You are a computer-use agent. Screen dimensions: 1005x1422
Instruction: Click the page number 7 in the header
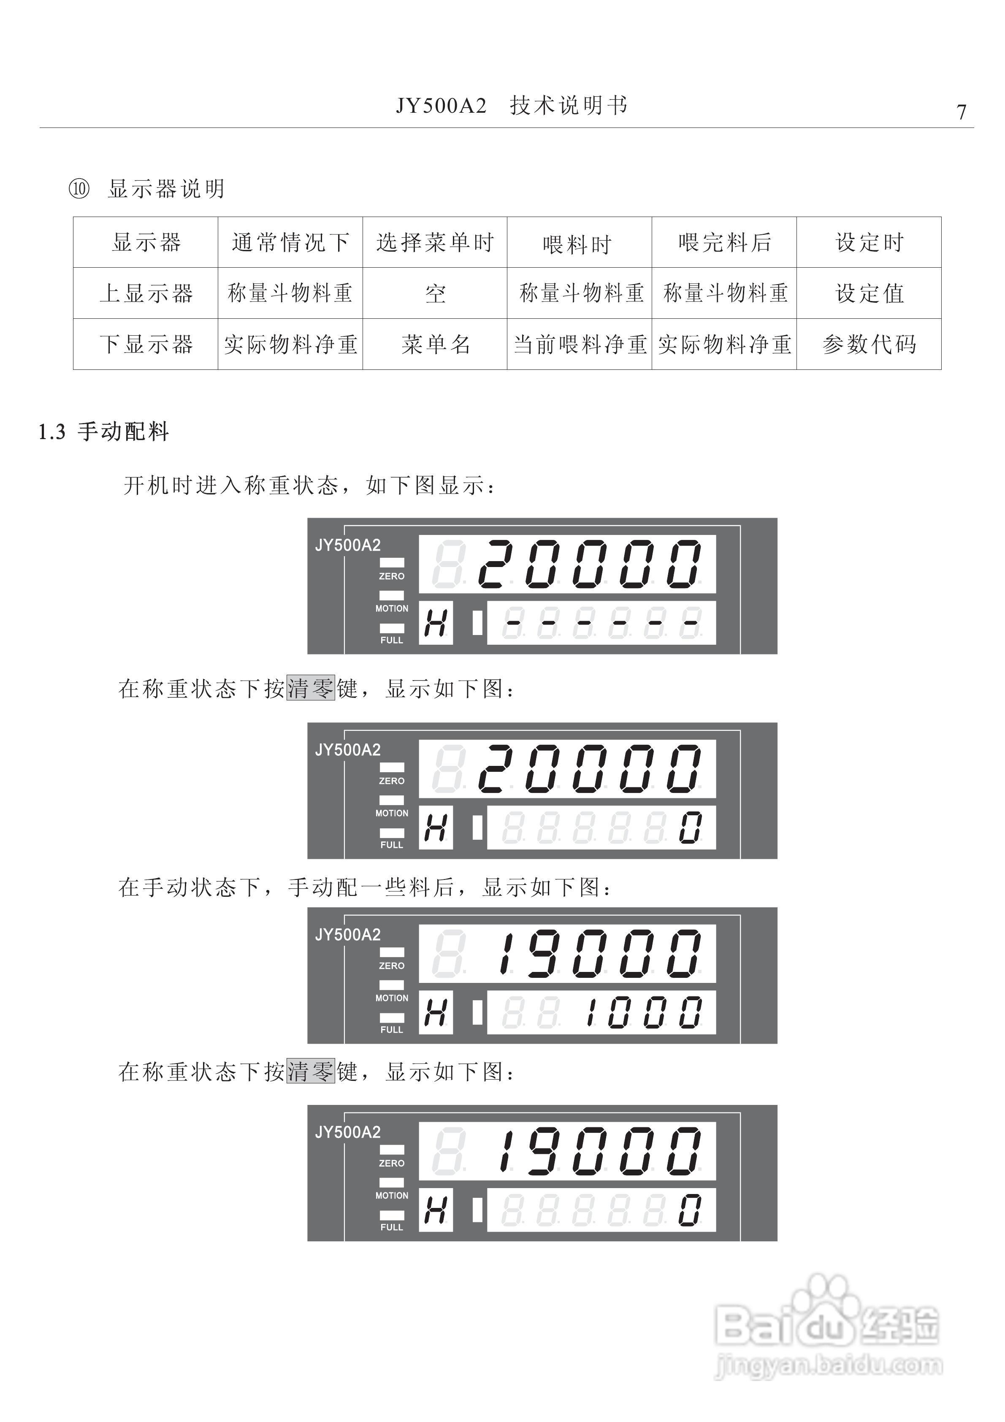(961, 112)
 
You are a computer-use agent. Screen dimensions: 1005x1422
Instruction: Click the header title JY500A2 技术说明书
(512, 106)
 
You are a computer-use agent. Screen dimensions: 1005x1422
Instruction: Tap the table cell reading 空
(435, 293)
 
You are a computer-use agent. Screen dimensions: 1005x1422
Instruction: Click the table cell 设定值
(870, 293)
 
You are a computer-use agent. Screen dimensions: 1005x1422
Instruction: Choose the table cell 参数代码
(870, 345)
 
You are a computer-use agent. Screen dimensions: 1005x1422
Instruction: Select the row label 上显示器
(146, 293)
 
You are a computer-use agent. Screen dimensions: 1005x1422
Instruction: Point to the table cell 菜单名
(435, 345)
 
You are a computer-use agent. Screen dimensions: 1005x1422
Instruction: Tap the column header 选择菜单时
(435, 243)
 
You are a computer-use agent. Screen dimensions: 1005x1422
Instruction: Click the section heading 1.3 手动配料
(104, 431)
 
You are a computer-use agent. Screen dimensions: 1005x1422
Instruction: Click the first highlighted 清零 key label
(311, 688)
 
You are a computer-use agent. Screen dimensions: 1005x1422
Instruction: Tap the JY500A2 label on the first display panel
(347, 545)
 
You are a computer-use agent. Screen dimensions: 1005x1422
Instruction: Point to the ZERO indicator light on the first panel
(392, 562)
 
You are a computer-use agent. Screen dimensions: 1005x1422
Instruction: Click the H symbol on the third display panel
(435, 1012)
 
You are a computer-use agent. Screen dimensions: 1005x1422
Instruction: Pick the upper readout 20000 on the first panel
(590, 564)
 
